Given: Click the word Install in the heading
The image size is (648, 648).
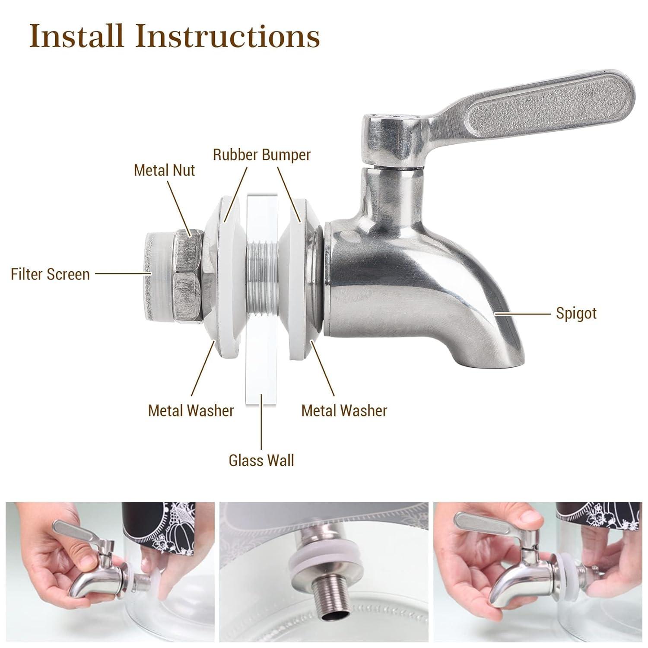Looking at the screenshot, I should [x=76, y=36].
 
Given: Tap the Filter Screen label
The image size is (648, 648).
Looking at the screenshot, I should [x=50, y=274].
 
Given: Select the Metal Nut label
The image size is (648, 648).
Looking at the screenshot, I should [x=164, y=170].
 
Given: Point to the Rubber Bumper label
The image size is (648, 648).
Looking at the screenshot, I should [x=261, y=155].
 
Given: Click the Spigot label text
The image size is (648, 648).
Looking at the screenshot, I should [x=576, y=313].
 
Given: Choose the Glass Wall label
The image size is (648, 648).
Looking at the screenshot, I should [x=261, y=461].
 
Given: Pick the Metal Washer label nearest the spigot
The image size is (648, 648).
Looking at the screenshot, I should [x=344, y=410].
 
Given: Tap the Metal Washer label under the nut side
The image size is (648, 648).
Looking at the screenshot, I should [x=191, y=410].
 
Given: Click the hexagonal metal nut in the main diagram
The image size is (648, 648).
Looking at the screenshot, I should [x=187, y=276].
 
